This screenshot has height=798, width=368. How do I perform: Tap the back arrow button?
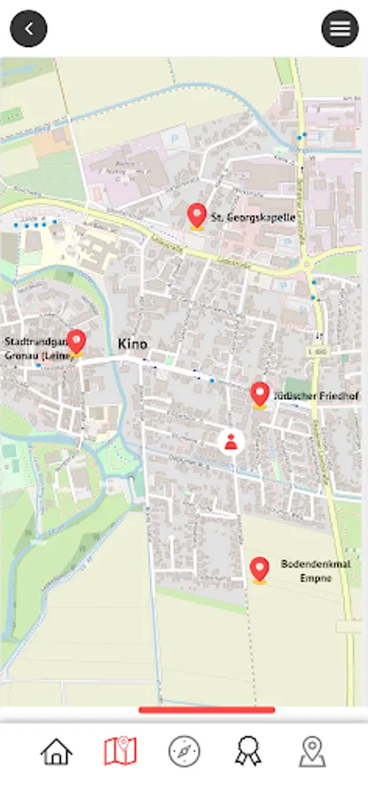28,28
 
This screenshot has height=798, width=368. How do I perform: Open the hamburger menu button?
340,28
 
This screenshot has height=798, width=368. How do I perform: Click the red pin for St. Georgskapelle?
197,215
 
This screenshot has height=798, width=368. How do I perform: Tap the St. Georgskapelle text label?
253,217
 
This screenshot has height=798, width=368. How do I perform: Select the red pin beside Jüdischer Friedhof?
259,394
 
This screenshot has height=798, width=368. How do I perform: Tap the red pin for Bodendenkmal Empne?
259,569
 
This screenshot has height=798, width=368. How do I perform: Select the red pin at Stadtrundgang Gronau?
77,341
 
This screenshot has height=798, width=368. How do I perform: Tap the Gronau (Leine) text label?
35,356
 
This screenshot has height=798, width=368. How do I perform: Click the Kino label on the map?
133,343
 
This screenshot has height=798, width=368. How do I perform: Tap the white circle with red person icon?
231,442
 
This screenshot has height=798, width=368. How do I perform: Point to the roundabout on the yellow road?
308,263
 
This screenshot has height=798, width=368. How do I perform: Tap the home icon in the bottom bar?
56,752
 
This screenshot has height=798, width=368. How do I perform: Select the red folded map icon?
120,752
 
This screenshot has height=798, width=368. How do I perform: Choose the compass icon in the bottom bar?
184,752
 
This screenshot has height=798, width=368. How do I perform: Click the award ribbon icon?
248,752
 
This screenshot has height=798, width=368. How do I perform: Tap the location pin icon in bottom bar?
312,752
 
